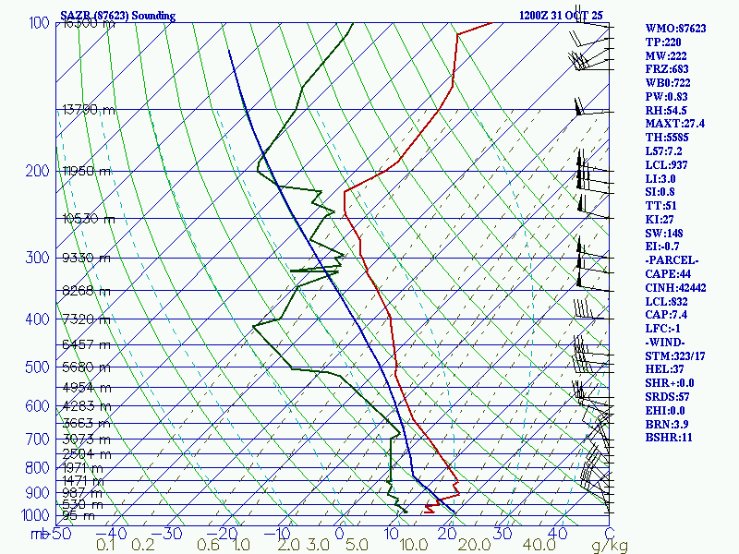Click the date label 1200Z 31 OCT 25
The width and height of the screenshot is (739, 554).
pos(561,16)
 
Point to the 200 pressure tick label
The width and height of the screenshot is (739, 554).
pos(37,171)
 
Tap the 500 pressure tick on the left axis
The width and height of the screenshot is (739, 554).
pos(37,367)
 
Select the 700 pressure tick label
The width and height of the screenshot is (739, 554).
pos(37,440)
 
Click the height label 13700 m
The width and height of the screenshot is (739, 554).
pos(89,109)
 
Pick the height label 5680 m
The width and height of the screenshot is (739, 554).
pos(86,366)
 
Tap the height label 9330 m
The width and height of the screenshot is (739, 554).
pos(86,258)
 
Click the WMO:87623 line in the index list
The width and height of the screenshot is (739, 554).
pos(675,29)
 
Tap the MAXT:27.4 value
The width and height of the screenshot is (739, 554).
pos(675,124)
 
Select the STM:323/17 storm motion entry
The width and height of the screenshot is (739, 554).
pos(676,356)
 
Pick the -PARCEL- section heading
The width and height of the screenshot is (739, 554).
pos(672,260)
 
